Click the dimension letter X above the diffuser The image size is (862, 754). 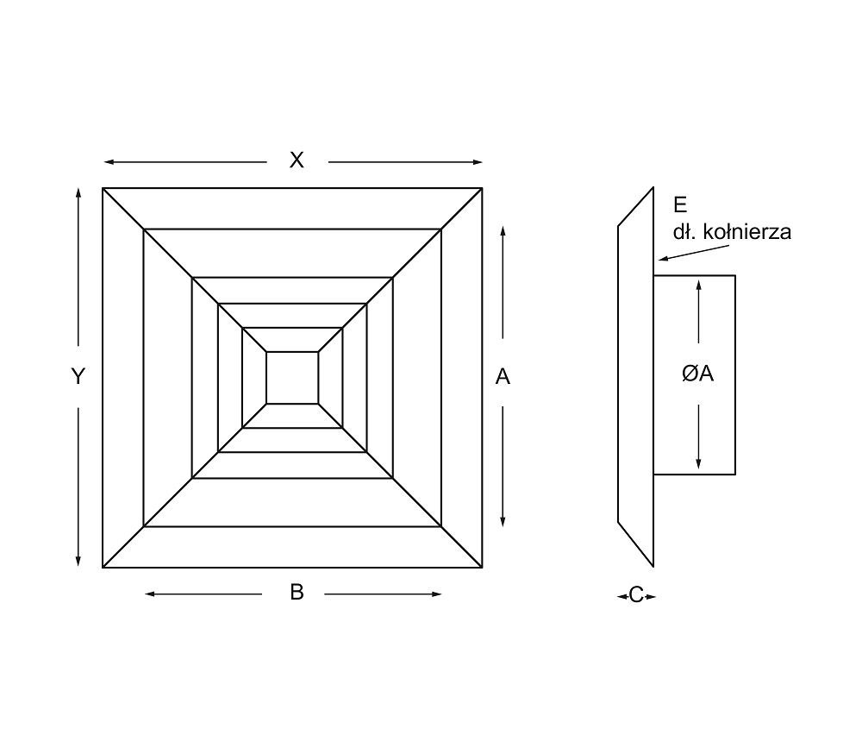297,160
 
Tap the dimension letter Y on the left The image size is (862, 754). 78,376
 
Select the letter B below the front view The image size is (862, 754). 297,592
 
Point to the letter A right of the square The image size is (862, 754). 503,377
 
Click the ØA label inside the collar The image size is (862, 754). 697,374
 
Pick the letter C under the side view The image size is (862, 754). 636,595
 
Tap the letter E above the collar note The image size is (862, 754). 680,204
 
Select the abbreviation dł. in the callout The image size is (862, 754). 685,232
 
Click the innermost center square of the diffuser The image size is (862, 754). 292,378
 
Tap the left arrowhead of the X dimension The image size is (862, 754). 109,162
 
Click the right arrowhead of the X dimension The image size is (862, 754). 478,162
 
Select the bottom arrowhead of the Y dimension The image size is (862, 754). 78,561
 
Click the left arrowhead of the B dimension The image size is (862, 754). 150,594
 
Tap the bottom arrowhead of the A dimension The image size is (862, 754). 503,521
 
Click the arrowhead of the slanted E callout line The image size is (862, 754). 664,258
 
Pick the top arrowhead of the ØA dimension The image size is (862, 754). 698,285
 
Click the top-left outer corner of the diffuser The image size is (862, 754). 103,188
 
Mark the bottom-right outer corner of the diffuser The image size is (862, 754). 482,568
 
